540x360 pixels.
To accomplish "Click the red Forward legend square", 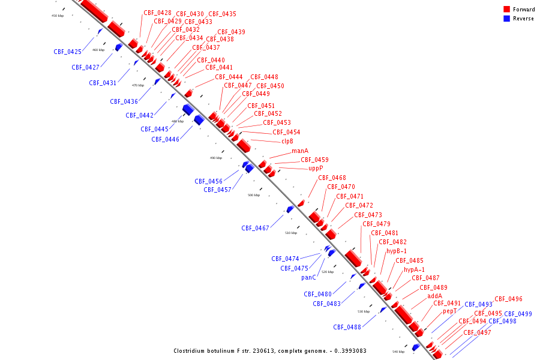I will [507, 10].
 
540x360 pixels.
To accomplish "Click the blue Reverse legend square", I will [507, 19].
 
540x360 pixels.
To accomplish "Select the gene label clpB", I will [287, 142].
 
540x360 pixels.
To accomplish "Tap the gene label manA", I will [300, 151].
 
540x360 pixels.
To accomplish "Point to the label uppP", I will [316, 169].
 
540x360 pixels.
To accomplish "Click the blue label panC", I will [308, 278].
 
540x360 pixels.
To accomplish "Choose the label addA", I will [434, 296].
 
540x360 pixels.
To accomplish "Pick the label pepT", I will [450, 311].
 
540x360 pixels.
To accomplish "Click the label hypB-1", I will [397, 251].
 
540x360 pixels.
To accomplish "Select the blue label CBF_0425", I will [67, 52].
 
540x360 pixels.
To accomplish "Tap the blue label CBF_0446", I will [165, 139].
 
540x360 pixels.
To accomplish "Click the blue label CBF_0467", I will [256, 229].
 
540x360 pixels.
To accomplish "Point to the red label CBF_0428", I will [157, 13].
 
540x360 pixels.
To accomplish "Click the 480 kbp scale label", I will [178, 121].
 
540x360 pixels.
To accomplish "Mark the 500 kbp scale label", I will [254, 195].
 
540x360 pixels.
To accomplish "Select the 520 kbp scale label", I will [327, 272].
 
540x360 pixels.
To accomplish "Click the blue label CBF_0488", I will [347, 328].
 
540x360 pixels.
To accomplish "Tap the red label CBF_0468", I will [332, 178].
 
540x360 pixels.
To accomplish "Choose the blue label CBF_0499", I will [518, 314].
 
